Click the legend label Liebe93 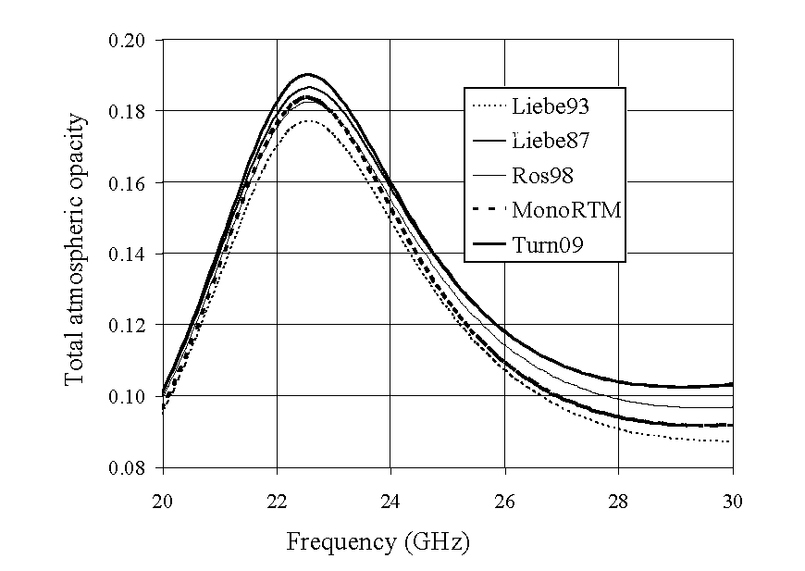[551, 106]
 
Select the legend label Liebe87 [551, 141]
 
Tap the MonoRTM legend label [565, 210]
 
